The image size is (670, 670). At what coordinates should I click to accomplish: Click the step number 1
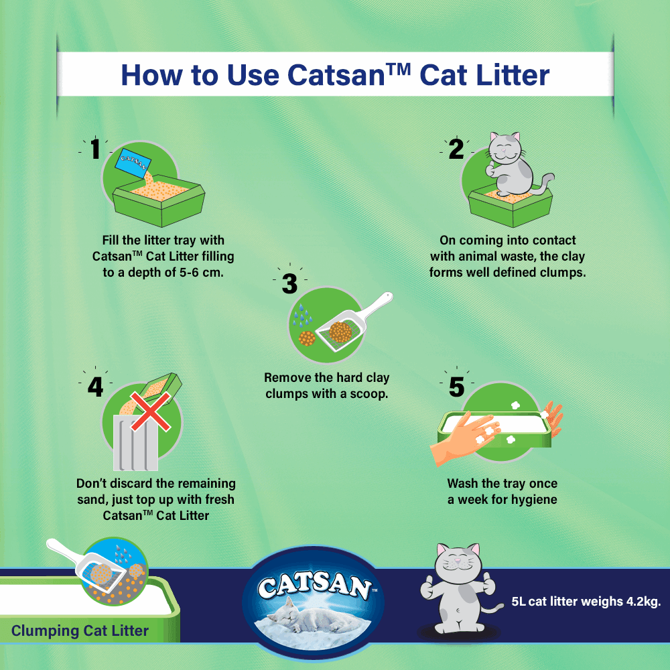tap(95, 149)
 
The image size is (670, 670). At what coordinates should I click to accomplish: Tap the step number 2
tap(456, 149)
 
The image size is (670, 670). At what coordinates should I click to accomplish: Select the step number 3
tap(289, 284)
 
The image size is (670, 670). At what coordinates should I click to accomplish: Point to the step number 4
tap(95, 387)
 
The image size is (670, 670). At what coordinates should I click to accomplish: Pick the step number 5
tap(456, 387)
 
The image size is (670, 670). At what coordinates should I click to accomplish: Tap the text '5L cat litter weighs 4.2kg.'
tap(586, 601)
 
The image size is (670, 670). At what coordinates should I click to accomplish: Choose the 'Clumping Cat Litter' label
tap(80, 630)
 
